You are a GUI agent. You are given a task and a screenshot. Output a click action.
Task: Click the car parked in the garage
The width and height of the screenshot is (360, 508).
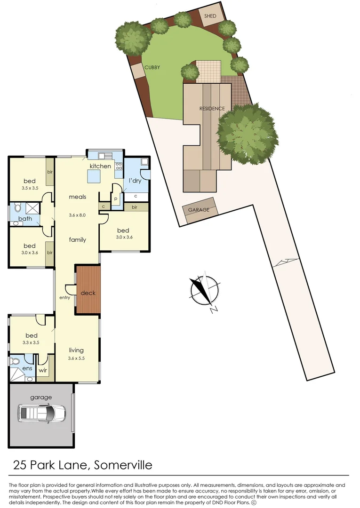tap(41, 414)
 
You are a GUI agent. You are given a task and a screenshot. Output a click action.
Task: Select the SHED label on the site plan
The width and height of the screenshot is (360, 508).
tap(210, 16)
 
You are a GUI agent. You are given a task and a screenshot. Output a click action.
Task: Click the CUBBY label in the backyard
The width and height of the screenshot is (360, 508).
tap(152, 67)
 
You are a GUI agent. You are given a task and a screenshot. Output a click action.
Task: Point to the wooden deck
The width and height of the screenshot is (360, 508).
tap(88, 290)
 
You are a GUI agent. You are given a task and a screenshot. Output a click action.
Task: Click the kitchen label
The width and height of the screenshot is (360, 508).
tap(100, 166)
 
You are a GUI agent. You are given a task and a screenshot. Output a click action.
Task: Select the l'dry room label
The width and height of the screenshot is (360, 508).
tap(136, 181)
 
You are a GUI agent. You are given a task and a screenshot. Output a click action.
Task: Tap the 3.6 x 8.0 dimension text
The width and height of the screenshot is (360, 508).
tap(78, 215)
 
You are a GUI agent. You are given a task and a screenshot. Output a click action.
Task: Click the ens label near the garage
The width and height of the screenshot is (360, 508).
tap(27, 368)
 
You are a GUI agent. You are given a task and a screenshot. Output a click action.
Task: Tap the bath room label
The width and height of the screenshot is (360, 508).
tap(25, 218)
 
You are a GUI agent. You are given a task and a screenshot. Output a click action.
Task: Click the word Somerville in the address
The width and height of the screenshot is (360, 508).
tap(123, 466)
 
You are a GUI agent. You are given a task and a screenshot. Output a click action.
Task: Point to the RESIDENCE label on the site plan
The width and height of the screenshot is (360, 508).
tap(212, 109)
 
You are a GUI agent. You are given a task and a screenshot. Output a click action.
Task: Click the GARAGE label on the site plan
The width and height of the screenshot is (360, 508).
tap(199, 210)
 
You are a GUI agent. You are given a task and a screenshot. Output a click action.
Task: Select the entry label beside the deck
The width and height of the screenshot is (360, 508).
tap(64, 298)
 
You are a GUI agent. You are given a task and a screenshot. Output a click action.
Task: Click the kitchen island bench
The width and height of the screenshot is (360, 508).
tap(93, 177)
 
